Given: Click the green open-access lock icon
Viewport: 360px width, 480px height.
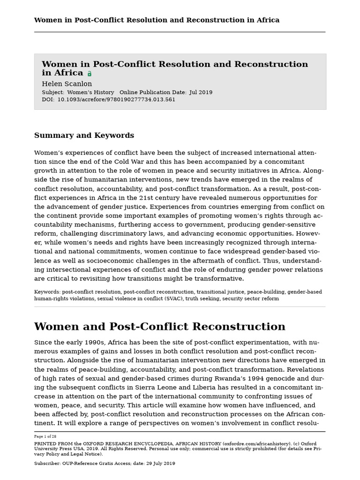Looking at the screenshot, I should (90, 74).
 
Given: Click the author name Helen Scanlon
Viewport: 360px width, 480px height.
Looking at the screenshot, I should (67, 84).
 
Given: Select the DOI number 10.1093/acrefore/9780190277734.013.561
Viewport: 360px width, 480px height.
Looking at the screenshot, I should (116, 99).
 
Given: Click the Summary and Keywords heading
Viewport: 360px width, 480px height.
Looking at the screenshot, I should (84, 135).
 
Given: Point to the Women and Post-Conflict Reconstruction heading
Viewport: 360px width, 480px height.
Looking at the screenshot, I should (159, 327).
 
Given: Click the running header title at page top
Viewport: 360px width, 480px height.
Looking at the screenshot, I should (157, 20).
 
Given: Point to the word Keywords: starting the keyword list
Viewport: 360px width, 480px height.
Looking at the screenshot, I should (47, 292).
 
